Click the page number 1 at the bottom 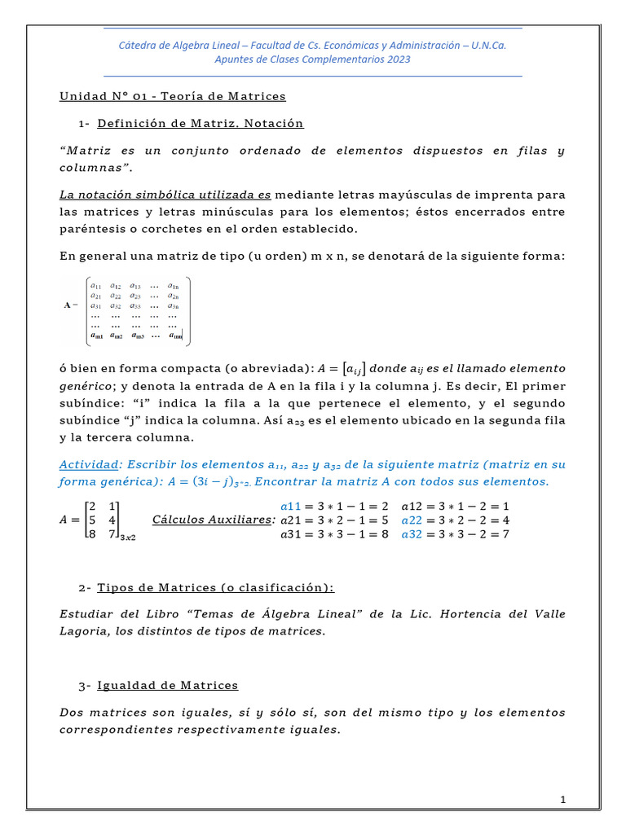562,801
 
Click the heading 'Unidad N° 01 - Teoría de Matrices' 173,96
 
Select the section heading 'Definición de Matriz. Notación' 200,124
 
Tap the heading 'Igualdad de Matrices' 167,686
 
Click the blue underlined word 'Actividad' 89,464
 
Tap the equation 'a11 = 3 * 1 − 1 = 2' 334,505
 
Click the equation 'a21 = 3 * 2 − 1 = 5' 334,520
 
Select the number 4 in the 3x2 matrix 112,520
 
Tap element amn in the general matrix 175,335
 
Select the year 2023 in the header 399,59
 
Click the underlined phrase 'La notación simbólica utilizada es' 165,195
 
